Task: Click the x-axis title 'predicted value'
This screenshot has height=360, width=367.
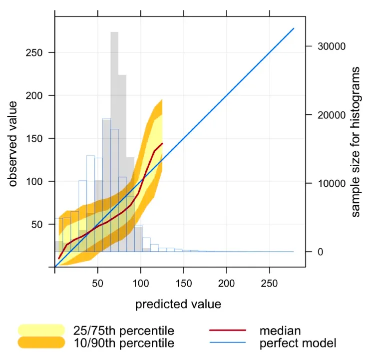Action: (x=178, y=304)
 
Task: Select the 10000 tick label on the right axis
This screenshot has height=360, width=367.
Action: (x=326, y=184)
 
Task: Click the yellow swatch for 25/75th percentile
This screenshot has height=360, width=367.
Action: (x=41, y=330)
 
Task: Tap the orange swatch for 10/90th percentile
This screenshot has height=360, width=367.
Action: (x=41, y=343)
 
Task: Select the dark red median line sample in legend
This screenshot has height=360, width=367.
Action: (x=228, y=331)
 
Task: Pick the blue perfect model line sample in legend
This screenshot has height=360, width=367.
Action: (x=228, y=343)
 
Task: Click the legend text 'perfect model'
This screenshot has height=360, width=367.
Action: (x=298, y=343)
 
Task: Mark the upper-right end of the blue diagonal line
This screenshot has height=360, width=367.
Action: (x=294, y=28)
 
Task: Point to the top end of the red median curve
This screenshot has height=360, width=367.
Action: (x=163, y=143)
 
